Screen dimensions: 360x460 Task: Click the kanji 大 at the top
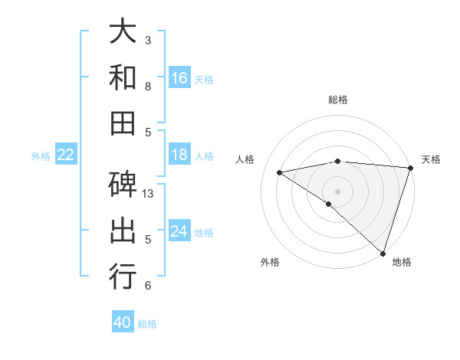click(123, 32)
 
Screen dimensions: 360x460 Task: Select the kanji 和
click(123, 77)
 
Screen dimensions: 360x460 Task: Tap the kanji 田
click(123, 122)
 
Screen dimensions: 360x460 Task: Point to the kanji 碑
click(123, 185)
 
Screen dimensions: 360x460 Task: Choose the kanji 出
click(123, 231)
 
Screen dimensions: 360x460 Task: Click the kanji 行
click(123, 276)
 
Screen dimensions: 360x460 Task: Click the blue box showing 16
click(179, 78)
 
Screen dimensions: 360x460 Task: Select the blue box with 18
click(179, 155)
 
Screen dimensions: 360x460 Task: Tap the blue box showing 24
click(179, 232)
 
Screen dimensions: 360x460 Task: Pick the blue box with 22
click(66, 155)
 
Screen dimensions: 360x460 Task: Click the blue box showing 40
click(123, 323)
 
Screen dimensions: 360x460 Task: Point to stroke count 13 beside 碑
click(149, 194)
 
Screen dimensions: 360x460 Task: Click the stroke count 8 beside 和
click(148, 86)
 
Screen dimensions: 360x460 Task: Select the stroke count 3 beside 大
click(148, 40)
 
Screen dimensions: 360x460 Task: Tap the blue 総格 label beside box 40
click(147, 324)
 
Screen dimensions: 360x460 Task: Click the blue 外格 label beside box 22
click(41, 156)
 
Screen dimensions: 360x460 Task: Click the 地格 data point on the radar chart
click(382, 252)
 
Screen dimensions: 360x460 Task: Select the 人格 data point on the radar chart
click(280, 172)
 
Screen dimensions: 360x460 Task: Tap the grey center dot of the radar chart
click(337, 191)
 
